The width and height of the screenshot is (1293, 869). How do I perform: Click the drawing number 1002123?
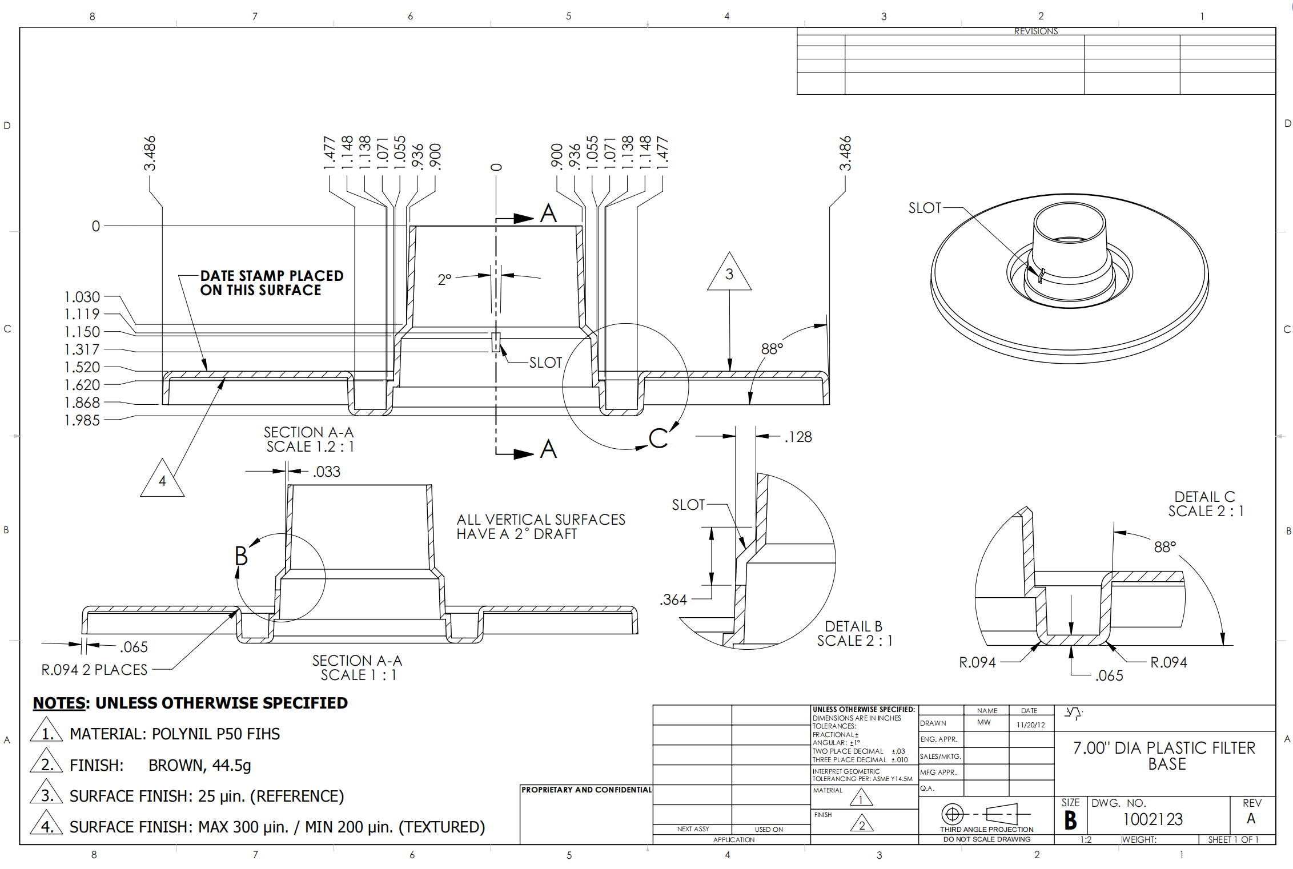(1153, 819)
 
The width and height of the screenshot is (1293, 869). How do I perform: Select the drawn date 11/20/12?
(1030, 725)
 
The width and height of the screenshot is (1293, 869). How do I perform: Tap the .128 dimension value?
(798, 437)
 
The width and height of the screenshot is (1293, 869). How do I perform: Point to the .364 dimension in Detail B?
(673, 600)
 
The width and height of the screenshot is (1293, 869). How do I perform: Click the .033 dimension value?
(327, 472)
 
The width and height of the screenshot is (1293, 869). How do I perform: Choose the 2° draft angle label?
(444, 280)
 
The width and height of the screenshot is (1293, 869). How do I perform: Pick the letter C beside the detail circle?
(658, 438)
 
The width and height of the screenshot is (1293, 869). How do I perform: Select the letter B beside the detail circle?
(241, 556)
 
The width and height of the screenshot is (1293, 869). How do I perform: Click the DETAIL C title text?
(1204, 497)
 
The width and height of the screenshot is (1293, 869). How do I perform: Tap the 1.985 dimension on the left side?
(82, 420)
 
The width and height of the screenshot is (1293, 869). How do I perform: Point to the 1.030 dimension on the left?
(82, 297)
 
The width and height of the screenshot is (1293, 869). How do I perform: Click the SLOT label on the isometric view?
(925, 208)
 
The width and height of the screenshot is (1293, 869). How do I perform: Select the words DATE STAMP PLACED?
(272, 276)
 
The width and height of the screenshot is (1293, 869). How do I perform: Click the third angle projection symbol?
(986, 814)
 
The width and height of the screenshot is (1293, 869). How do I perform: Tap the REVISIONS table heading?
(1036, 31)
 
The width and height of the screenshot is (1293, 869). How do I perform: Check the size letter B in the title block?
(1070, 820)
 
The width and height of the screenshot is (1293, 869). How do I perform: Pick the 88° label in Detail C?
(1165, 547)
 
